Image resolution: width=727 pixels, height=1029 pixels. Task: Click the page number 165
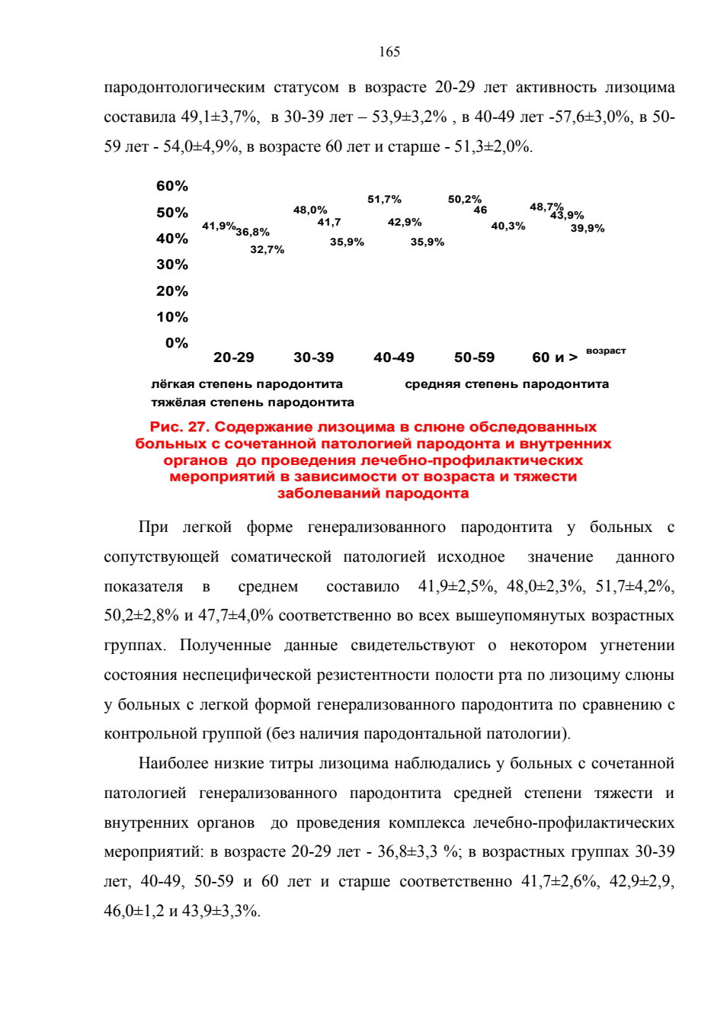[x=389, y=52]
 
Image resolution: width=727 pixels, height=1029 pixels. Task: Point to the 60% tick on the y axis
[x=172, y=186]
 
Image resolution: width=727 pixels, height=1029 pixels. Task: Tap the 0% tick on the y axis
[x=177, y=343]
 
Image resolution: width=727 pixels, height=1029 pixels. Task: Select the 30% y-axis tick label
[x=172, y=264]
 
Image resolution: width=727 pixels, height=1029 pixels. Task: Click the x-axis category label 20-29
[x=233, y=357]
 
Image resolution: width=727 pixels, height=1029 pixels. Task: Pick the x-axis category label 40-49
[x=394, y=357]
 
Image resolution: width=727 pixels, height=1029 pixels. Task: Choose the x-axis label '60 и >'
[x=555, y=357]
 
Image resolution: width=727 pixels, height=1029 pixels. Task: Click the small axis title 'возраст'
[x=606, y=351]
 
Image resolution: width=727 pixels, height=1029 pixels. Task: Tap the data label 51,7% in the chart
[x=384, y=200]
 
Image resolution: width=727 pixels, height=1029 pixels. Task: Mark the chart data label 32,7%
[x=267, y=250]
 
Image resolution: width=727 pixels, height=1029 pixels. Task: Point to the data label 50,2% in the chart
[x=465, y=200]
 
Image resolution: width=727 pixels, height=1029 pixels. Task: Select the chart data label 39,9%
[x=588, y=229]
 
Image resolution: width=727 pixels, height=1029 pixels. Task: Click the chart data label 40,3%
[x=508, y=226]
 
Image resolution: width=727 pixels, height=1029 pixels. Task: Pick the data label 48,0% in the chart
[x=310, y=210]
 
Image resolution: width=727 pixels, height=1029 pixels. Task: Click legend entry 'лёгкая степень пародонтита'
[x=247, y=384]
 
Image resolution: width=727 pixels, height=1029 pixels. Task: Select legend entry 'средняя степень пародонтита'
[x=507, y=384]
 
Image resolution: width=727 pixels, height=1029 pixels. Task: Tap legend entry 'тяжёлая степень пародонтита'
[x=252, y=403]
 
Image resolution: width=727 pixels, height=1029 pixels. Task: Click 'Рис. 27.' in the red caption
[x=180, y=427]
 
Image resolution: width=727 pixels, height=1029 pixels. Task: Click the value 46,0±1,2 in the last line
[x=133, y=911]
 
